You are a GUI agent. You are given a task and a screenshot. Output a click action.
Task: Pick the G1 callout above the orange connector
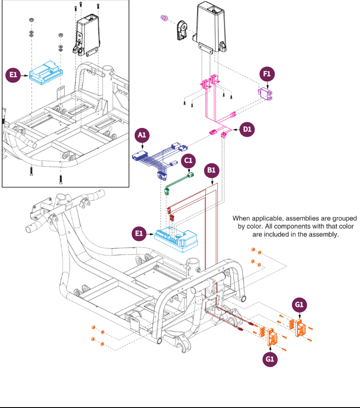(300, 305)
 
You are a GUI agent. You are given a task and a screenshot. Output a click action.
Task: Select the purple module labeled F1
(266, 94)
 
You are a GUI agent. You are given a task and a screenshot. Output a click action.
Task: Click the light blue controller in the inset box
(46, 72)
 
